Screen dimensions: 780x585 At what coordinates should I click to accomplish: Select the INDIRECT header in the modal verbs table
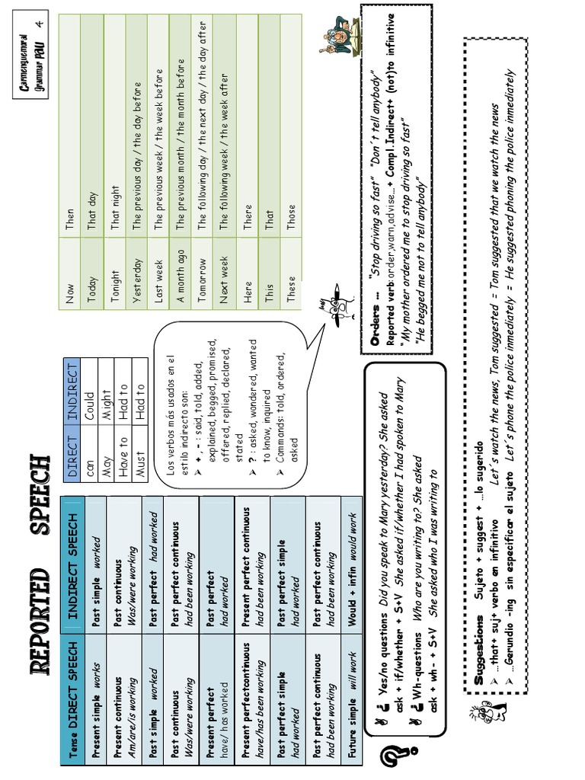74,395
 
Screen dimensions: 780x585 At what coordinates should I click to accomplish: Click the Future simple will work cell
353,694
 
